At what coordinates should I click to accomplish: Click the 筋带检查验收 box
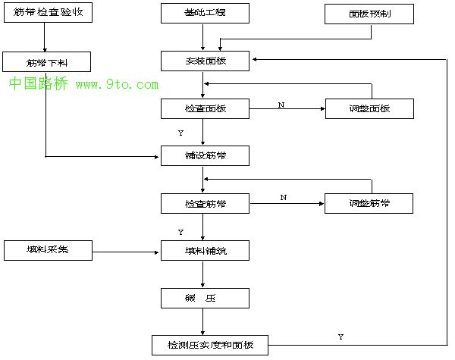pyautogui.click(x=47, y=13)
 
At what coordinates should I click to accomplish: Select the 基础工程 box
pyautogui.click(x=205, y=13)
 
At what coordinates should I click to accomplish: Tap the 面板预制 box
pyautogui.click(x=369, y=13)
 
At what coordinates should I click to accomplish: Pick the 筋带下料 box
pyautogui.click(x=47, y=61)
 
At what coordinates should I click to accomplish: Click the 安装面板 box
pyautogui.click(x=205, y=61)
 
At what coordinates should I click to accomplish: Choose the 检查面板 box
pyautogui.click(x=205, y=108)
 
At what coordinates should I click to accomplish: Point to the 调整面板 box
pyautogui.click(x=369, y=108)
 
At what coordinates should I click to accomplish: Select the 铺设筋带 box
pyautogui.click(x=205, y=155)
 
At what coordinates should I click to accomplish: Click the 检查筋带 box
pyautogui.click(x=205, y=203)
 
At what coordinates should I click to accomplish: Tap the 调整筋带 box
pyautogui.click(x=369, y=203)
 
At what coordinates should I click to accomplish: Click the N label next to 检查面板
pyautogui.click(x=281, y=105)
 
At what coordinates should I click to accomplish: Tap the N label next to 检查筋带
pyautogui.click(x=283, y=197)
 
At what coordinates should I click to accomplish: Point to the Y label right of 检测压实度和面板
pyautogui.click(x=340, y=336)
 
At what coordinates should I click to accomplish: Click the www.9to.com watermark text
pyautogui.click(x=117, y=84)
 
